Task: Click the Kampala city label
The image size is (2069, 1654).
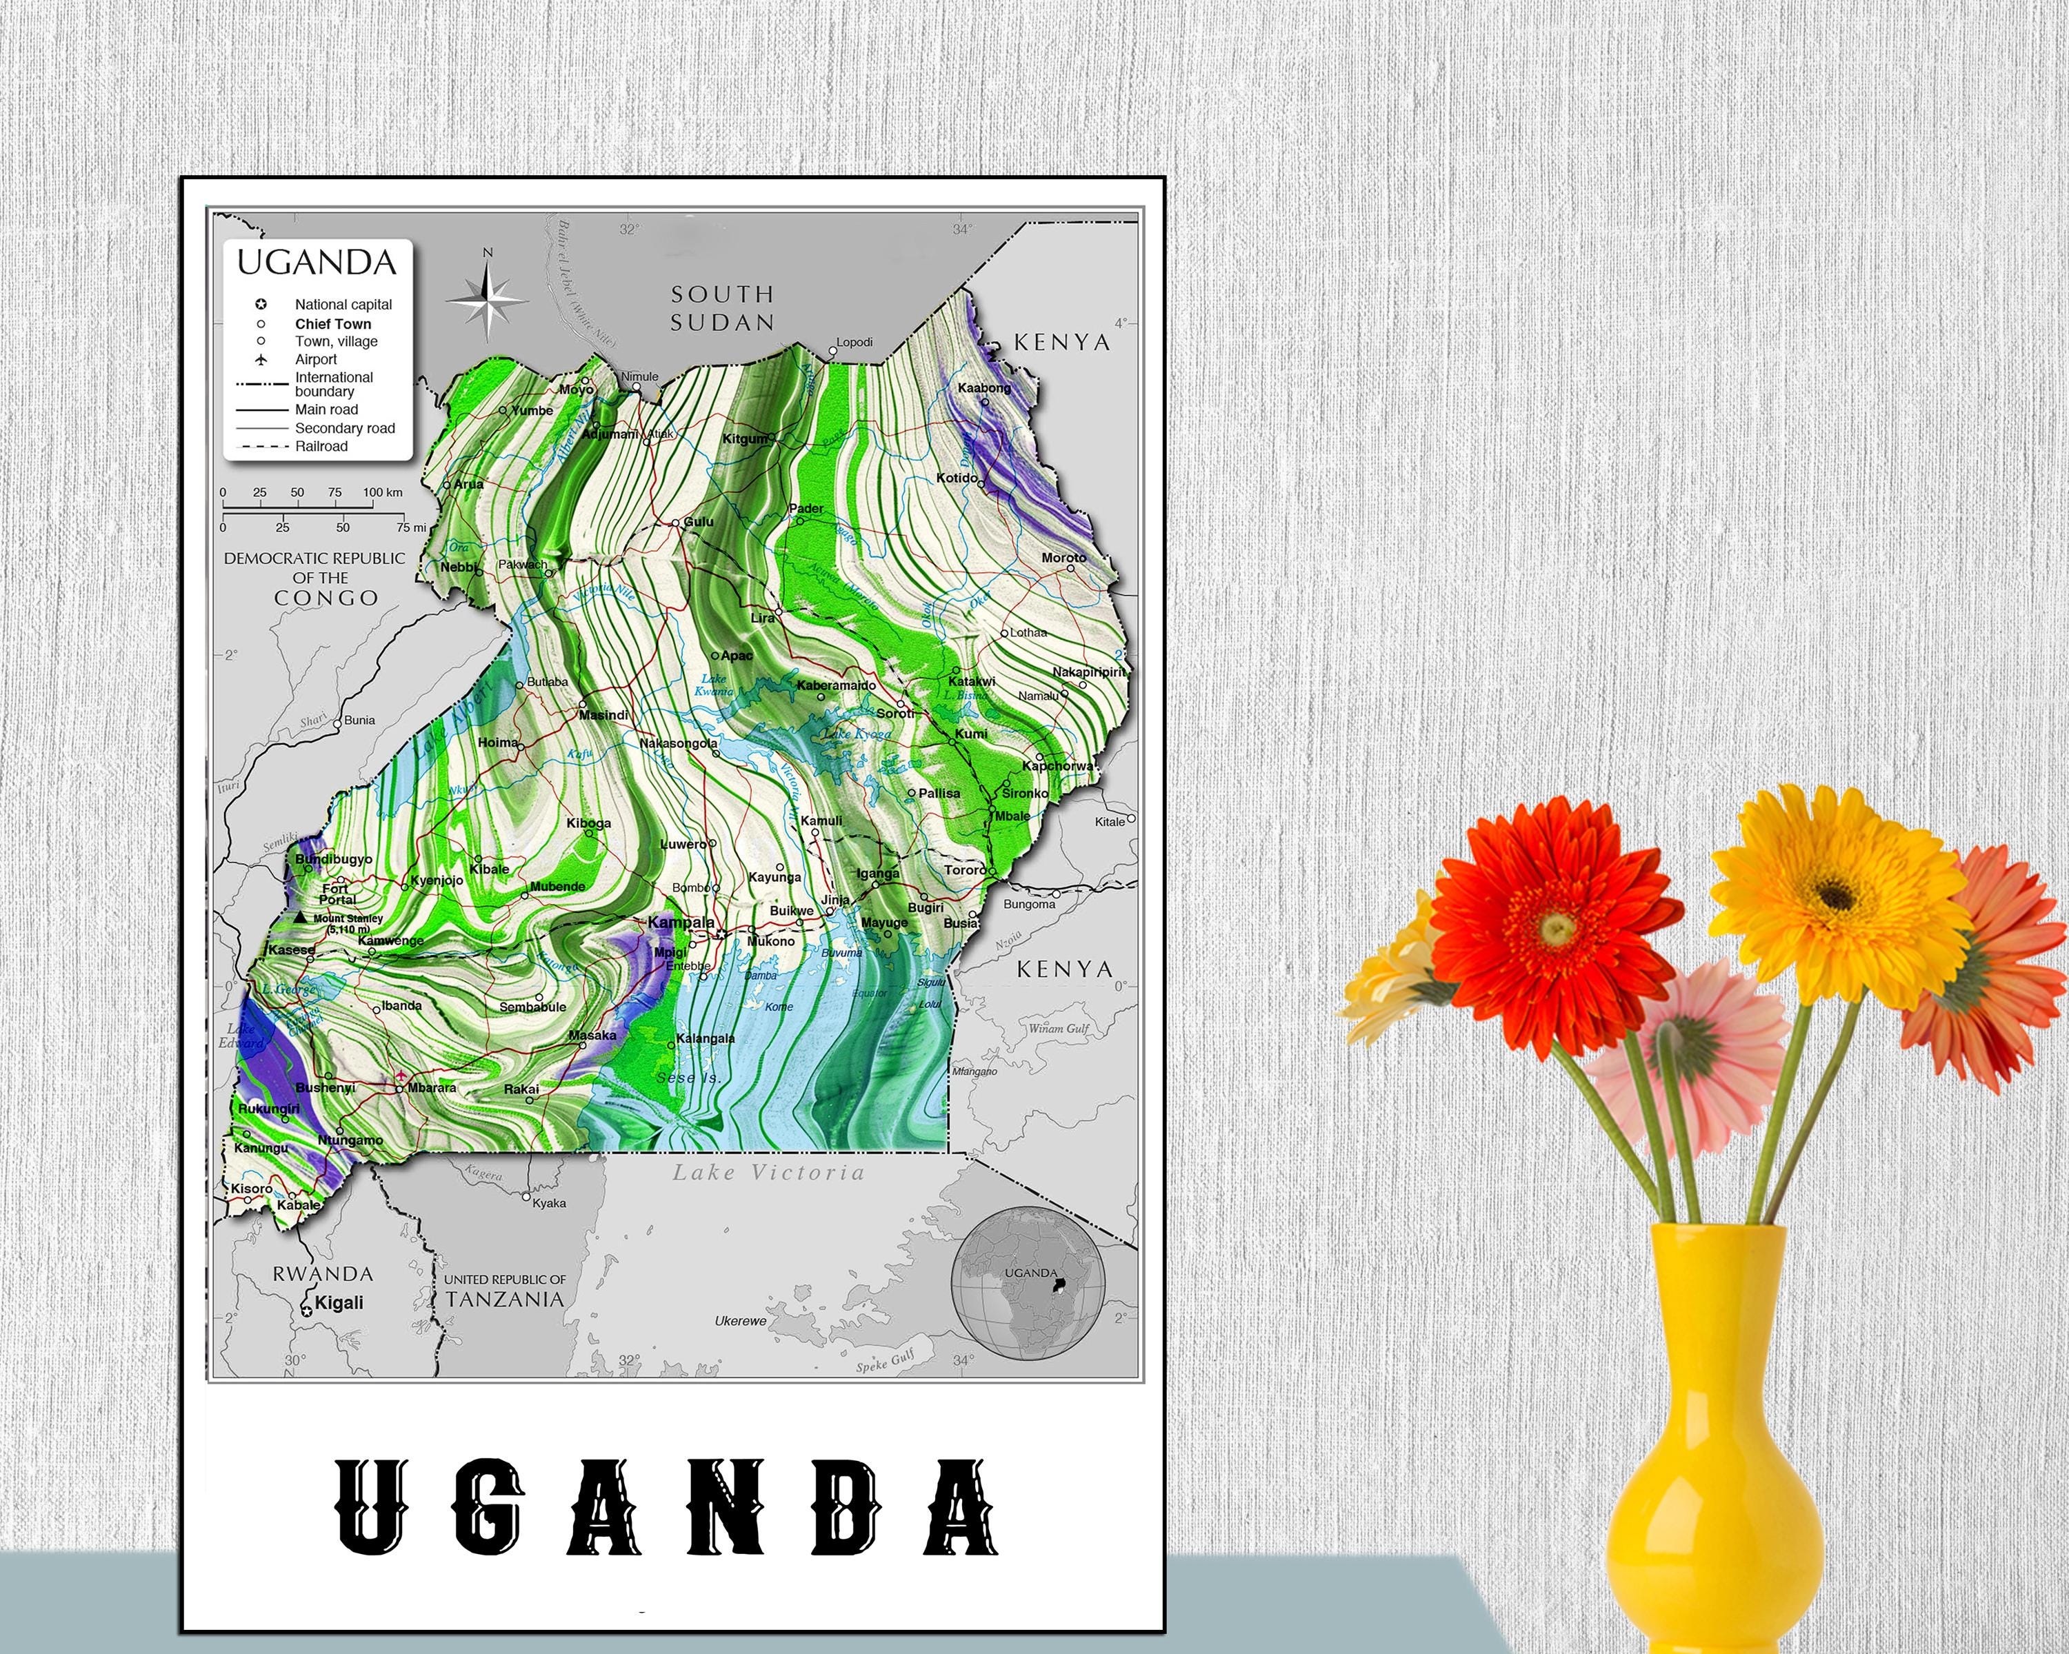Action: (681, 922)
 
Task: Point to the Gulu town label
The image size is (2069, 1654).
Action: (699, 522)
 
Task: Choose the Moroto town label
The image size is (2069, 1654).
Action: (1064, 557)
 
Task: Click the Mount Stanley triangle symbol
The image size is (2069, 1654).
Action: (301, 917)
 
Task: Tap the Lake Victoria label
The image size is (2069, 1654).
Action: (768, 1172)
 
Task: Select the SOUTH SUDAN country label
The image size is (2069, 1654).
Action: (721, 308)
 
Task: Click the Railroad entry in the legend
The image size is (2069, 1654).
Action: (321, 446)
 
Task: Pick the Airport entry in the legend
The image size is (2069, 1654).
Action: (316, 359)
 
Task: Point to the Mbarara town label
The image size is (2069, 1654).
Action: (432, 1088)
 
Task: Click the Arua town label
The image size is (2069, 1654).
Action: (468, 485)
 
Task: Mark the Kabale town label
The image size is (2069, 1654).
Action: (299, 1205)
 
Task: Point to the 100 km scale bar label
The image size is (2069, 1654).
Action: (383, 492)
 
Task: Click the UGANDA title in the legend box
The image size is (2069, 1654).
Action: (317, 262)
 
